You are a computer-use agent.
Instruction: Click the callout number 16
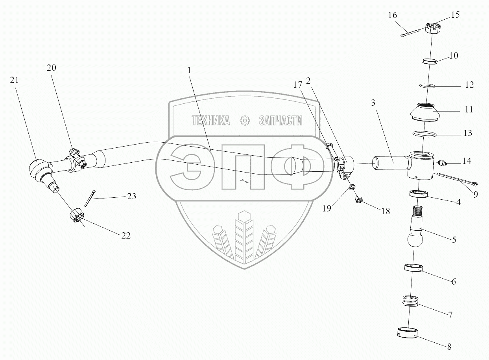[392, 15]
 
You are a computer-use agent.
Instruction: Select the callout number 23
[131, 196]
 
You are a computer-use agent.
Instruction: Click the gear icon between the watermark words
[245, 121]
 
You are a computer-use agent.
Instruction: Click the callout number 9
[476, 194]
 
